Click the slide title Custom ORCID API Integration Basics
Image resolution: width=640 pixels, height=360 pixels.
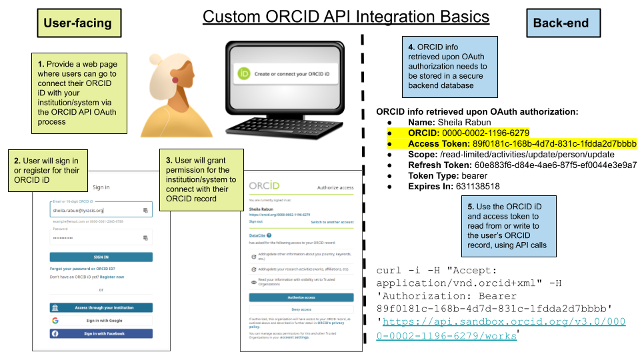(x=345, y=17)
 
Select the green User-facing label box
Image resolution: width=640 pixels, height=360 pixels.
(x=78, y=23)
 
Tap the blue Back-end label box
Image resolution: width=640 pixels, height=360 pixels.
(x=561, y=23)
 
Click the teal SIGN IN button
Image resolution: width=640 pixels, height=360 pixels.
(x=101, y=257)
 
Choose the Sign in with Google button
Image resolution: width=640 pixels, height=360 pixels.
(x=101, y=321)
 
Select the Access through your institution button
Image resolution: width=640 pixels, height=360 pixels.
(x=101, y=308)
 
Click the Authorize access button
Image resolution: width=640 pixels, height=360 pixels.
(x=301, y=297)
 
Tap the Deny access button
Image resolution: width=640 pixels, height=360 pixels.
(x=301, y=309)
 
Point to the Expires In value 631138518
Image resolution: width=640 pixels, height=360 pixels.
(x=476, y=187)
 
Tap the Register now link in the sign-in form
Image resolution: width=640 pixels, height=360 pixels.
(x=112, y=277)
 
